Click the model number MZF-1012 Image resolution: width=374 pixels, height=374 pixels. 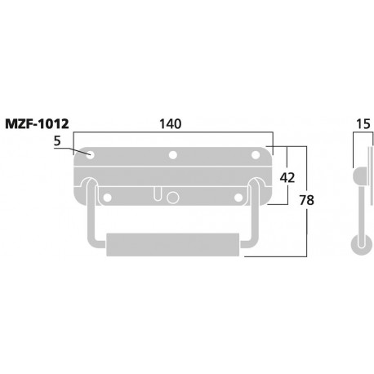pos(38,125)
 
